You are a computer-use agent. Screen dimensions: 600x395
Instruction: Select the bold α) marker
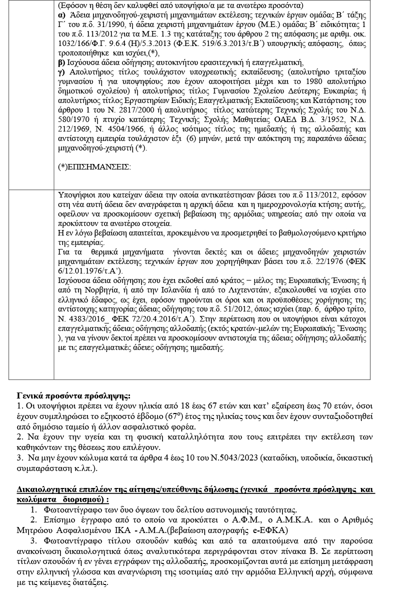click(61, 14)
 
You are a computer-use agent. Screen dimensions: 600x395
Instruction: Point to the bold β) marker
click(61, 62)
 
